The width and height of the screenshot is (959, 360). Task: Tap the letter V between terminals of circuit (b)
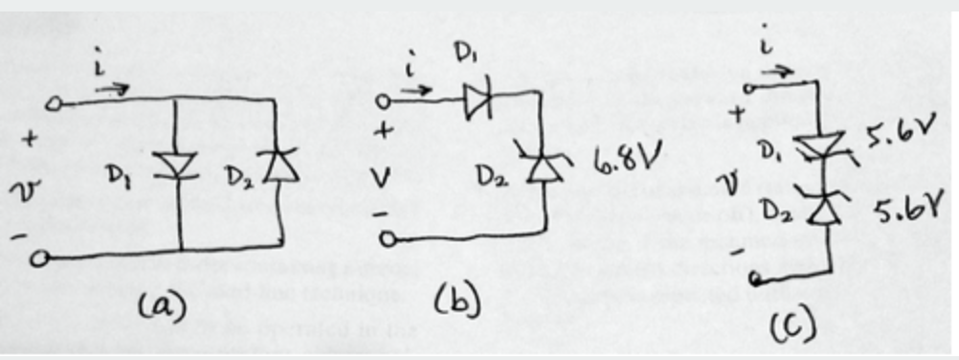[x=384, y=175]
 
